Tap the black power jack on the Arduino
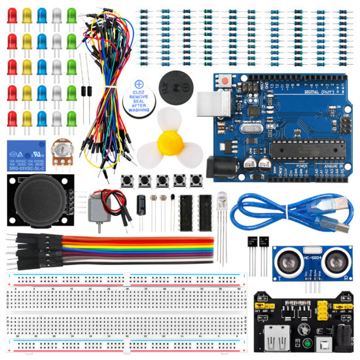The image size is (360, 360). click(221, 169)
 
